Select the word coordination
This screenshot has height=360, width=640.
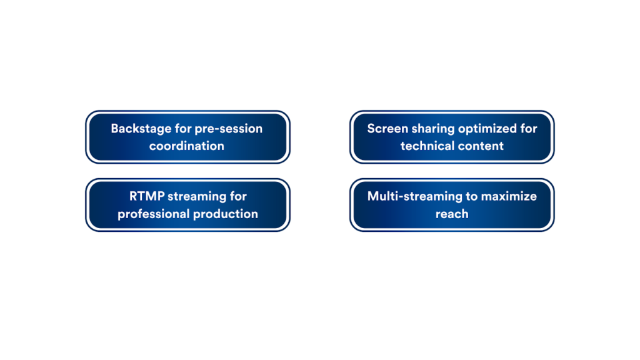tap(186, 146)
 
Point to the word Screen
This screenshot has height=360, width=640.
tap(387, 129)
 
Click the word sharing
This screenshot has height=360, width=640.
tap(432, 129)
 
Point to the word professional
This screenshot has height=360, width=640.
tap(154, 214)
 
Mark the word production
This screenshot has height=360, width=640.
tap(225, 214)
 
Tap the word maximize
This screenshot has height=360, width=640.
tap(509, 196)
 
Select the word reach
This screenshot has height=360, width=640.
tap(452, 214)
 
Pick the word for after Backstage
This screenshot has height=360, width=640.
tap(183, 129)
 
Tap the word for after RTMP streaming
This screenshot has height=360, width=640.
tap(238, 196)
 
